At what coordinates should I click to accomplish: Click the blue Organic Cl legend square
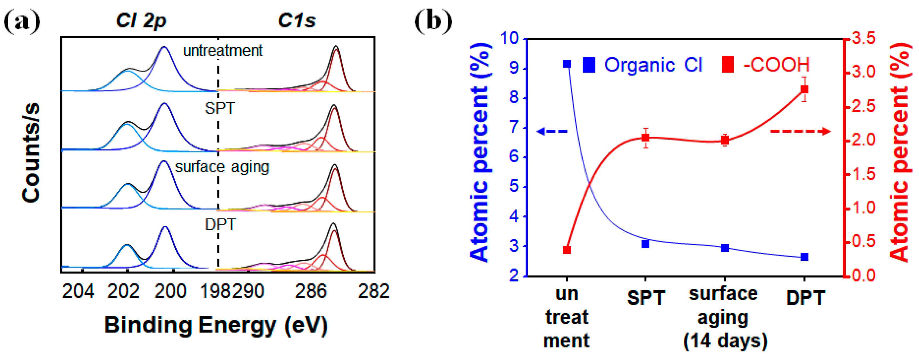tap(589, 65)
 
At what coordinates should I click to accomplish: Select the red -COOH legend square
tap(728, 65)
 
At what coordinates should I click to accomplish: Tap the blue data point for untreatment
tap(567, 64)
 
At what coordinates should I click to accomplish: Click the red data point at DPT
tap(804, 89)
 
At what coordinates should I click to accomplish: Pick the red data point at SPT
tap(645, 138)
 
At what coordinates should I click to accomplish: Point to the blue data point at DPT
tap(804, 257)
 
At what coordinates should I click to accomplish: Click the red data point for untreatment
tap(567, 250)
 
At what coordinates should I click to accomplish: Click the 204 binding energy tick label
tap(78, 291)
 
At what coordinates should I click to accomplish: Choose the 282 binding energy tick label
tap(373, 291)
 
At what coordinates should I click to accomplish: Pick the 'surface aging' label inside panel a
tap(222, 167)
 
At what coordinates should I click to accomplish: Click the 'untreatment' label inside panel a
tap(223, 51)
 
